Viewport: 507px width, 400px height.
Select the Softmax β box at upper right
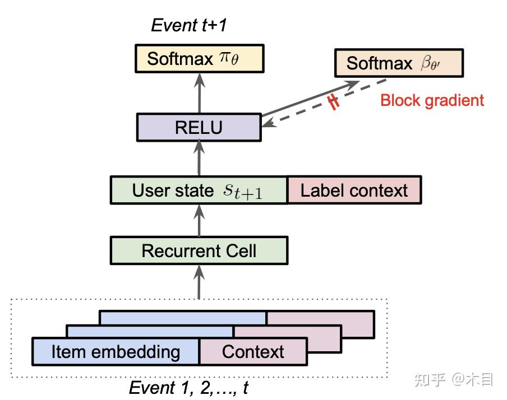tap(398, 63)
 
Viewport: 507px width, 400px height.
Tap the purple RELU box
tap(199, 127)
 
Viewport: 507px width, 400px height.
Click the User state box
tap(199, 190)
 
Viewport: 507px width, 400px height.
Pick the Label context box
tap(354, 190)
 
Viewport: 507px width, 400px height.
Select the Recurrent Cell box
tap(199, 250)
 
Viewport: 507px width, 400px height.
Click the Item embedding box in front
tap(116, 352)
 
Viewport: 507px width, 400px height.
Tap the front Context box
tap(253, 352)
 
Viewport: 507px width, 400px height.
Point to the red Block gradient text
tap(432, 101)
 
